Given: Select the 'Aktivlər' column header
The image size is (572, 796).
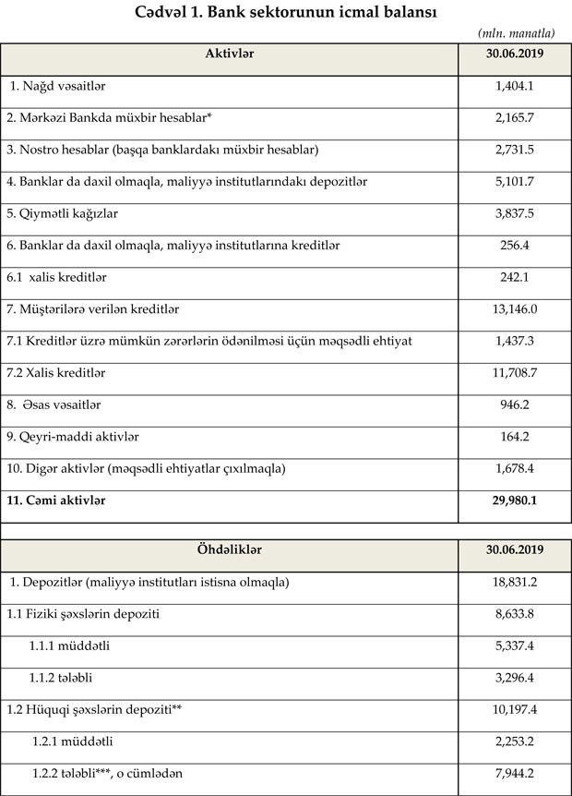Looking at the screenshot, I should click(229, 54).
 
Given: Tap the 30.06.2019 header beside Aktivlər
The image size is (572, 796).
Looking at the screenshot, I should click(515, 54).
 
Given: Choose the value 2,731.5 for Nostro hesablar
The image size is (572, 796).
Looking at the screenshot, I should click(515, 149).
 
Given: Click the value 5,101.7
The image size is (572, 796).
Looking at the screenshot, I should click(515, 181).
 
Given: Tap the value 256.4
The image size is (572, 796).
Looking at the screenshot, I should click(515, 245).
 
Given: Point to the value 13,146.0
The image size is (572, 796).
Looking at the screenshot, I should click(515, 308).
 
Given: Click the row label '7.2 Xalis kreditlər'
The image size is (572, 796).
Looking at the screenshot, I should click(56, 372).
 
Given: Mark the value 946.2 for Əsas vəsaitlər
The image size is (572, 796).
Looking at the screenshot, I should click(515, 404).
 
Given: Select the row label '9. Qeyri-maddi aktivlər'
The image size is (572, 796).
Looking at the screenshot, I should click(72, 436).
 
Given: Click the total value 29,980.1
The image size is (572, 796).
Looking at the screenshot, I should click(515, 500).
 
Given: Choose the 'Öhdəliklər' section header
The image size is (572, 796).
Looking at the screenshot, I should click(229, 549).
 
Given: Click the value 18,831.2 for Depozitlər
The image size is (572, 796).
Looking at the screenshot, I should click(515, 582).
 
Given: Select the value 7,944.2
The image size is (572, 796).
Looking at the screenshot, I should click(515, 772).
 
